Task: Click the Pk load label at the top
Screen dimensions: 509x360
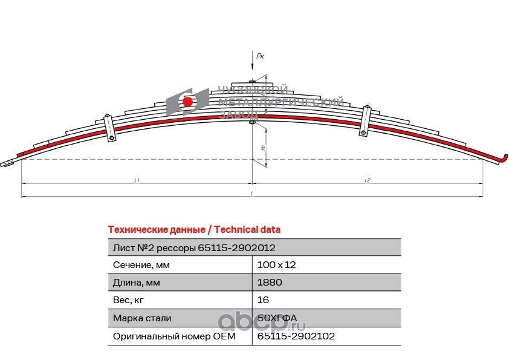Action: click(x=261, y=56)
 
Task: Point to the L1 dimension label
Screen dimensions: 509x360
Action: click(x=137, y=180)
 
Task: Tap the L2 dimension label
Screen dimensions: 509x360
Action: click(x=368, y=180)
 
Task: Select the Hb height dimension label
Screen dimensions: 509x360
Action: click(x=262, y=148)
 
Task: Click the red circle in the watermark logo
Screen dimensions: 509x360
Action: click(x=188, y=102)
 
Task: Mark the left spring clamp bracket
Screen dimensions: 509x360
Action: click(x=109, y=128)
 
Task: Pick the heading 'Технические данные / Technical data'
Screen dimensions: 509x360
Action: click(x=193, y=230)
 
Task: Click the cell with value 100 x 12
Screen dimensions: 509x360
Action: click(x=276, y=265)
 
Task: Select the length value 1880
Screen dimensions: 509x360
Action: click(x=270, y=283)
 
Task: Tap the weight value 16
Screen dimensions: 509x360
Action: click(x=263, y=300)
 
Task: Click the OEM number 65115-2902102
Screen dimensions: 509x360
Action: click(x=296, y=336)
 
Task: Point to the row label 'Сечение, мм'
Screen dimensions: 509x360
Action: click(x=141, y=265)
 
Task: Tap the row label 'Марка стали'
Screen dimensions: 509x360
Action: click(x=142, y=318)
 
